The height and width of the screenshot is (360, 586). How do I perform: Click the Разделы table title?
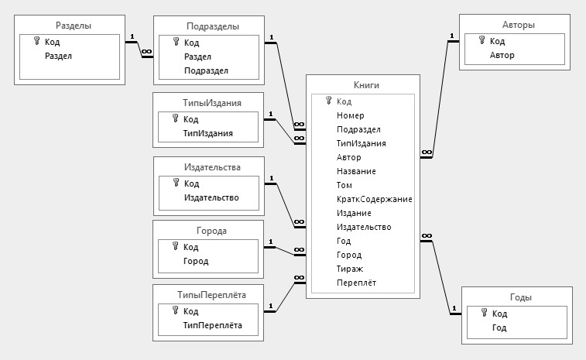click(74, 26)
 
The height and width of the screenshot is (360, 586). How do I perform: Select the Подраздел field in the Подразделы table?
click(206, 70)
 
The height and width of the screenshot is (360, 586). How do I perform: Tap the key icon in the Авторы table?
click(481, 41)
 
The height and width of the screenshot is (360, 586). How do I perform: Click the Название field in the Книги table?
click(356, 171)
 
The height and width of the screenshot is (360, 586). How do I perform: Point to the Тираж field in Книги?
click(350, 269)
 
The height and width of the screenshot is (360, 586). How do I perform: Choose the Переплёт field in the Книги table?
click(356, 283)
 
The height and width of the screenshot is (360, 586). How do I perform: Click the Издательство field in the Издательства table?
click(211, 197)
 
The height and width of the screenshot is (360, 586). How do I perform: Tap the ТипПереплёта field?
click(213, 325)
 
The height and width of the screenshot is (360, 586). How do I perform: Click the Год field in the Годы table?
click(499, 327)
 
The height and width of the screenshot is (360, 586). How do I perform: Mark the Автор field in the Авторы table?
click(502, 55)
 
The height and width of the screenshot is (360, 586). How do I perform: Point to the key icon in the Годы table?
click(484, 313)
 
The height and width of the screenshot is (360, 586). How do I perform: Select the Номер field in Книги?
click(351, 115)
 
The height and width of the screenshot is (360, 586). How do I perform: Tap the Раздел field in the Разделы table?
click(58, 56)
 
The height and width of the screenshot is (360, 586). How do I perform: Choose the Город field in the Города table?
click(195, 261)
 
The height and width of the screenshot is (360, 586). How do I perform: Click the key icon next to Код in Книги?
click(328, 101)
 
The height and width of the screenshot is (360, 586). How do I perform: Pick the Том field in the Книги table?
click(344, 185)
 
